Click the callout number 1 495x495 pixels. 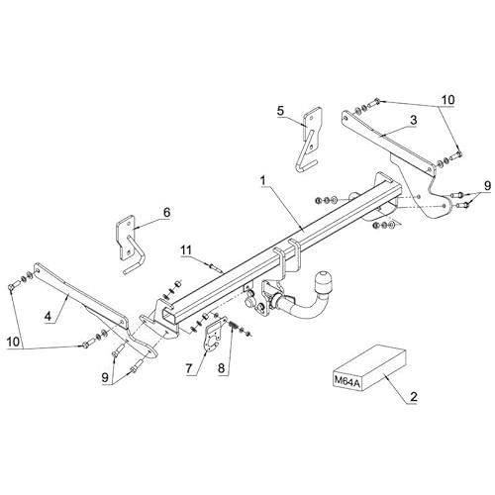pyautogui.click(x=262, y=181)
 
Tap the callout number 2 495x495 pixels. pyautogui.click(x=414, y=396)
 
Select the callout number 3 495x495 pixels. pyautogui.click(x=413, y=120)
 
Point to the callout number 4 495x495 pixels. pyautogui.click(x=49, y=317)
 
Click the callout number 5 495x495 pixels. pyautogui.click(x=280, y=111)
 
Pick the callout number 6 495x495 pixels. pyautogui.click(x=166, y=212)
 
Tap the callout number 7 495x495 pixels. pyautogui.click(x=189, y=368)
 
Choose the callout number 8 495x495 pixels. pyautogui.click(x=221, y=368)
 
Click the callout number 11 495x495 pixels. pyautogui.click(x=185, y=250)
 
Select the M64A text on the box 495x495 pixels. pyautogui.click(x=345, y=380)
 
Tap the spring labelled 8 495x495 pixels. pyautogui.click(x=234, y=326)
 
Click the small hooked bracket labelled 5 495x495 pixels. pyautogui.click(x=310, y=139)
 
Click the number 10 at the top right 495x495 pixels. pyautogui.click(x=447, y=100)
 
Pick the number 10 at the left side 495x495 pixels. pyautogui.click(x=14, y=342)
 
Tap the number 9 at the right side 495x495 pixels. pyautogui.click(x=487, y=186)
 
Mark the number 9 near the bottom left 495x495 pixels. pyautogui.click(x=105, y=378)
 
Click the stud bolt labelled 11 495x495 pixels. pyautogui.click(x=216, y=266)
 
